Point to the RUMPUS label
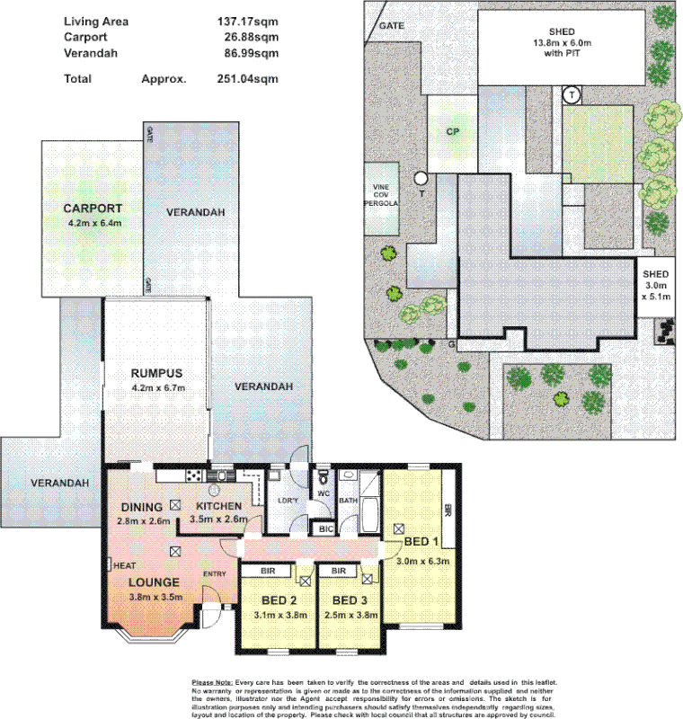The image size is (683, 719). pyautogui.click(x=156, y=373)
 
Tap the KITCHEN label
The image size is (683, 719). pyautogui.click(x=218, y=506)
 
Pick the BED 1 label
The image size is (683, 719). pyautogui.click(x=421, y=543)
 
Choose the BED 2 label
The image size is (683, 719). pyautogui.click(x=279, y=600)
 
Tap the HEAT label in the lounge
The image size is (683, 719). pyautogui.click(x=123, y=564)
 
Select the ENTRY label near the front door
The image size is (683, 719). pyautogui.click(x=215, y=573)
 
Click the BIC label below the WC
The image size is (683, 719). pyautogui.click(x=326, y=530)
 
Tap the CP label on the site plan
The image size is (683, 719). pyautogui.click(x=453, y=131)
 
